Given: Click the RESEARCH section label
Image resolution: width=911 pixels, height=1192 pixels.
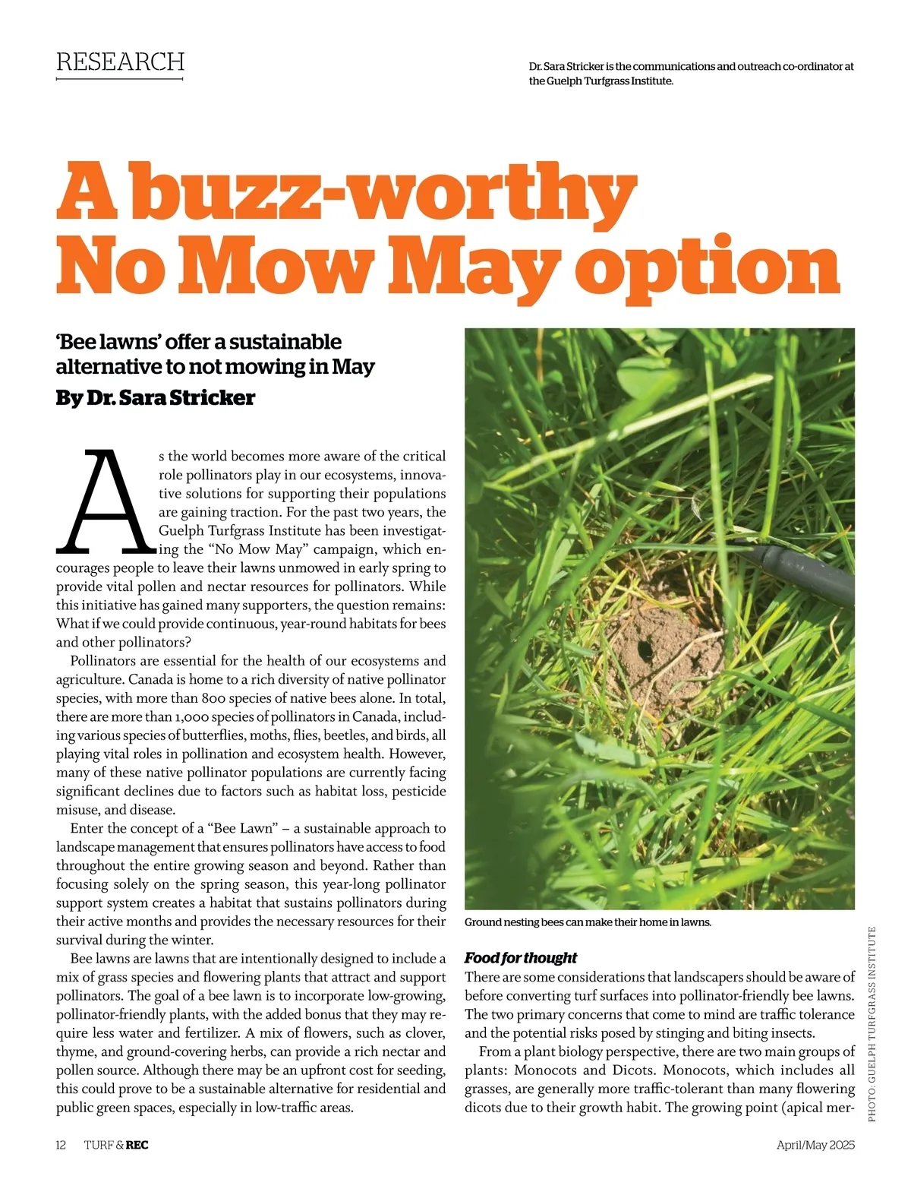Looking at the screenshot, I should pos(120,62).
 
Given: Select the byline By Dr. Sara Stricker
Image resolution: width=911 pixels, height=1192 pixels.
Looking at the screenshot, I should pos(155,397).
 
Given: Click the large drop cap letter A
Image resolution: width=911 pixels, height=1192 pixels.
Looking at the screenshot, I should pos(105,501).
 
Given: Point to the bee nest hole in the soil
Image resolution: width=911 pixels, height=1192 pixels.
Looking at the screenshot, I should pos(645,650).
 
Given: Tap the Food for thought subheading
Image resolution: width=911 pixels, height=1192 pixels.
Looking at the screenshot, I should pos(521,957).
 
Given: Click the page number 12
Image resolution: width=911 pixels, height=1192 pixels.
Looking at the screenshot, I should pos(61,1145).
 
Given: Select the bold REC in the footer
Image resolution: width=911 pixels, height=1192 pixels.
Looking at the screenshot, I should pos(137,1145).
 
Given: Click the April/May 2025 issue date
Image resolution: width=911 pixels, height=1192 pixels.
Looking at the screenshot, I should pos(815,1145).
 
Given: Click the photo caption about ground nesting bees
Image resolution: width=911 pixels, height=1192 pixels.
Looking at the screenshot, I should pos(588,922).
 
